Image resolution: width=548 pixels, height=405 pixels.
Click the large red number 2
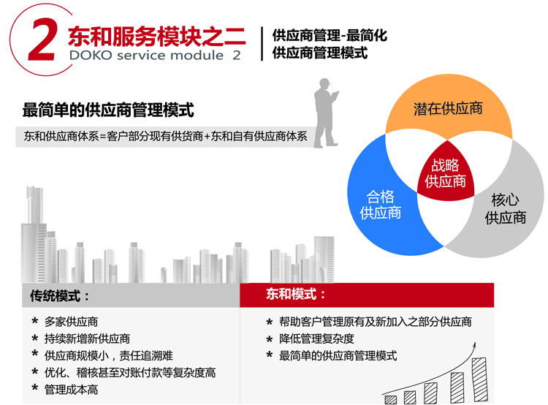click(x=42, y=39)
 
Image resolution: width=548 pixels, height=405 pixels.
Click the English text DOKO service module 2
click(x=155, y=56)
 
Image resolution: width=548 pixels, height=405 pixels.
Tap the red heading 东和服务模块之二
click(x=156, y=37)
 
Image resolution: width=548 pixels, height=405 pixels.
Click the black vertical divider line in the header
click(x=262, y=44)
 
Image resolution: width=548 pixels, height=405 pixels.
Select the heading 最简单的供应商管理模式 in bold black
click(x=108, y=110)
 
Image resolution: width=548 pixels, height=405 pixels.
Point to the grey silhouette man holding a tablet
click(x=326, y=113)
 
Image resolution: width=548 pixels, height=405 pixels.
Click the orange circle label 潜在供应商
click(x=448, y=108)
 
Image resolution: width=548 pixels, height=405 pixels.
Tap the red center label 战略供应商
click(x=445, y=173)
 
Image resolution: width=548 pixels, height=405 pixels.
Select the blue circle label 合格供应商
click(x=380, y=205)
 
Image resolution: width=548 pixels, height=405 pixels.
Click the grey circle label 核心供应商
click(x=506, y=209)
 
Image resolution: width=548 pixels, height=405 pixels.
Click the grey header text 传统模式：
click(x=60, y=296)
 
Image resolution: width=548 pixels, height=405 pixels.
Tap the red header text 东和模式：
click(x=296, y=294)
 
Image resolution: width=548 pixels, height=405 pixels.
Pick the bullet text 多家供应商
click(x=72, y=322)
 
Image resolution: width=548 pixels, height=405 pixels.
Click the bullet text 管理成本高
click(x=72, y=390)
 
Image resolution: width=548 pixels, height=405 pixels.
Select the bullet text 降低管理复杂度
click(x=316, y=338)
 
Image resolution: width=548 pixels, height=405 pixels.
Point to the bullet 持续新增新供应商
click(x=87, y=338)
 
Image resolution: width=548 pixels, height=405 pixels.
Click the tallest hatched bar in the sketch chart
click(x=479, y=379)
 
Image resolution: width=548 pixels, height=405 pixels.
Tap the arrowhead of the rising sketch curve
click(x=474, y=345)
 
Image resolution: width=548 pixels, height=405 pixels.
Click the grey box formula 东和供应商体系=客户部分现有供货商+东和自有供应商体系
click(x=166, y=136)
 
